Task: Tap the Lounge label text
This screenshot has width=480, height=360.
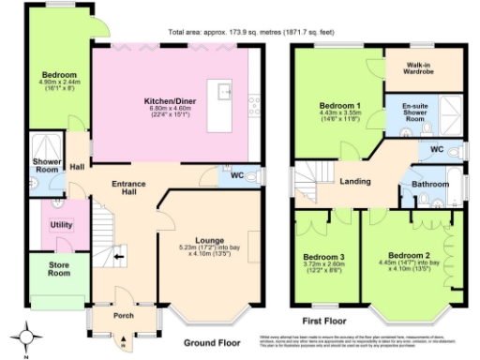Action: coord(207,240)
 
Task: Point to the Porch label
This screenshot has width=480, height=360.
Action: coord(124,315)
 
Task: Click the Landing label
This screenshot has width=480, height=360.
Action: coord(354,181)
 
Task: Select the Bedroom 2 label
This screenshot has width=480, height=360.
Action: coord(409,256)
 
